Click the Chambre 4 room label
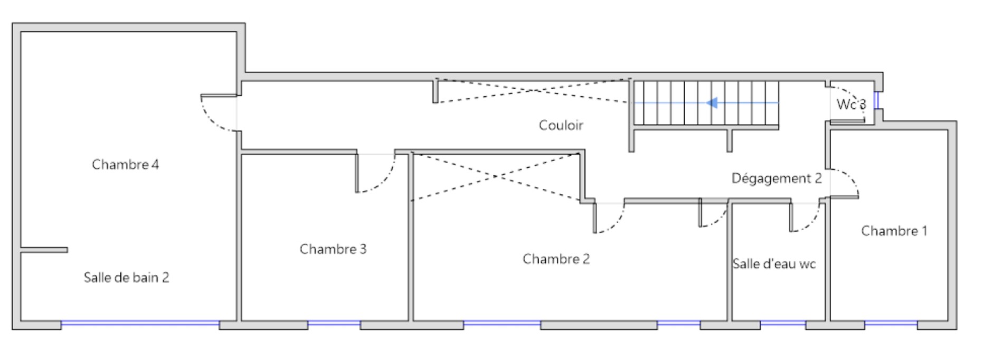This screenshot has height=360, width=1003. (x=125, y=165)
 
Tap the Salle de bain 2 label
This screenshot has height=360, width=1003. (x=126, y=278)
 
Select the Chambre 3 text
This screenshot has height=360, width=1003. (x=333, y=249)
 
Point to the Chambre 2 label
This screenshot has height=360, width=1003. (x=556, y=259)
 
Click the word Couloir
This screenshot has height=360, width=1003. (x=561, y=126)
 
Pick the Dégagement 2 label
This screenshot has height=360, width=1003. (x=776, y=178)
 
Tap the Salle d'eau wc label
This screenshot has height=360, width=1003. (x=774, y=264)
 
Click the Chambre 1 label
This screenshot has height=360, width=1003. (x=894, y=231)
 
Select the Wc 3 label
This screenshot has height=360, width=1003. (x=850, y=105)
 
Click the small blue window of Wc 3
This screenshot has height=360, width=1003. (x=876, y=100)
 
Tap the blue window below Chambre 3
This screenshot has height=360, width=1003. (x=334, y=323)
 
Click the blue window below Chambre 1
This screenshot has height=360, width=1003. (x=891, y=323)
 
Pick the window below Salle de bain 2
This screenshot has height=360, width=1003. (x=140, y=323)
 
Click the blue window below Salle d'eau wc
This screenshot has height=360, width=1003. (x=783, y=323)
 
